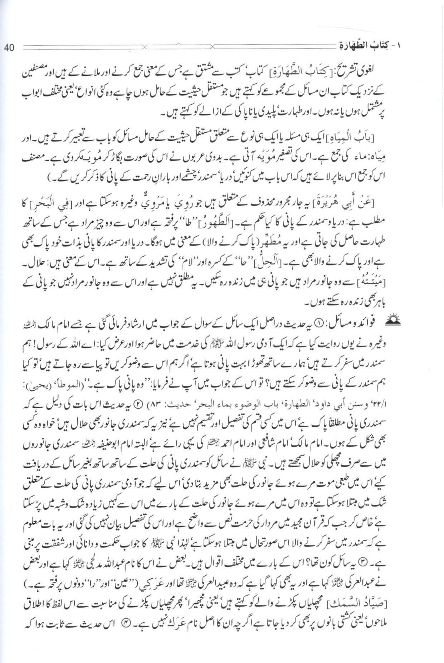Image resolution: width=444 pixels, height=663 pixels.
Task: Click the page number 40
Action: (9, 48)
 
